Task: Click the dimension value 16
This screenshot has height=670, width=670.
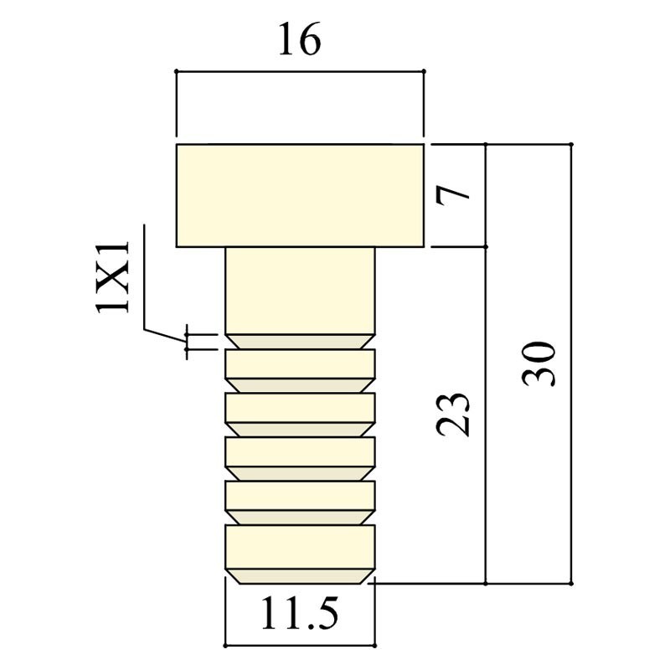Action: point(299,40)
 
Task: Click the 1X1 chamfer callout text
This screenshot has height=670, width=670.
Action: point(113,276)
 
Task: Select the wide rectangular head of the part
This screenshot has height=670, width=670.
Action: point(299,196)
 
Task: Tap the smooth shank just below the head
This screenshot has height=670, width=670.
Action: point(299,289)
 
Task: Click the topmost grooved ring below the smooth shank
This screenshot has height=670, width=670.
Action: point(299,363)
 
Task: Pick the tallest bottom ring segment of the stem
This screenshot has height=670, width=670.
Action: point(299,549)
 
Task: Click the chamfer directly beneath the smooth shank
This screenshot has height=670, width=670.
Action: point(299,341)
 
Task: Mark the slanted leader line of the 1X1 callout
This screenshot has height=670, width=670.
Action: point(163,332)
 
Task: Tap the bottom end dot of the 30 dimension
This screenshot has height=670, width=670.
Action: point(571,583)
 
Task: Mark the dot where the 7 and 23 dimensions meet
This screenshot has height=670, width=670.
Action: point(486,247)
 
